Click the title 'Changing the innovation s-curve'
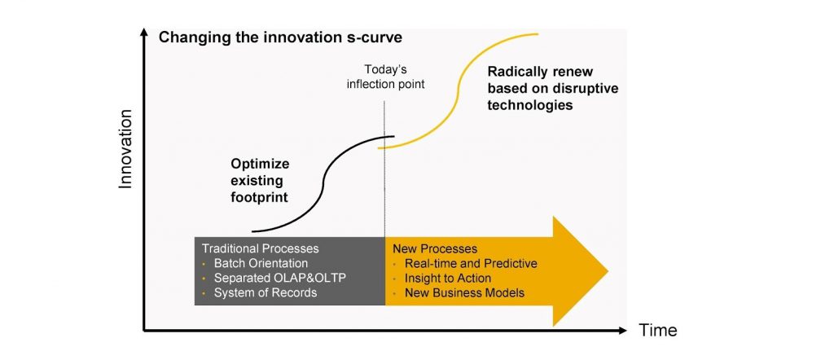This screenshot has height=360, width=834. [280, 37]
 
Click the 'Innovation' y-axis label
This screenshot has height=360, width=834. [125, 149]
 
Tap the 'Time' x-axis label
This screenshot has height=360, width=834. [658, 330]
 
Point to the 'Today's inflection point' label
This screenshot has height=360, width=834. [385, 77]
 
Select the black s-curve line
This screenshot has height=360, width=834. [323, 183]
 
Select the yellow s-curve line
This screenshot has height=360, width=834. [458, 91]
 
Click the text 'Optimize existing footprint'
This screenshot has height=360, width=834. [260, 180]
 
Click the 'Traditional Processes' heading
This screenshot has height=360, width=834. [260, 248]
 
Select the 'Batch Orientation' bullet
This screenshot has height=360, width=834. [261, 263]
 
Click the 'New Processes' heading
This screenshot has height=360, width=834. [435, 248]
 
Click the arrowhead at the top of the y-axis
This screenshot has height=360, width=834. [143, 33]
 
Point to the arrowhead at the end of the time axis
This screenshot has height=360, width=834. [622, 330]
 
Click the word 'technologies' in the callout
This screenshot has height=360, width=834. [530, 105]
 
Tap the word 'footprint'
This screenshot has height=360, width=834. [260, 197]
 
